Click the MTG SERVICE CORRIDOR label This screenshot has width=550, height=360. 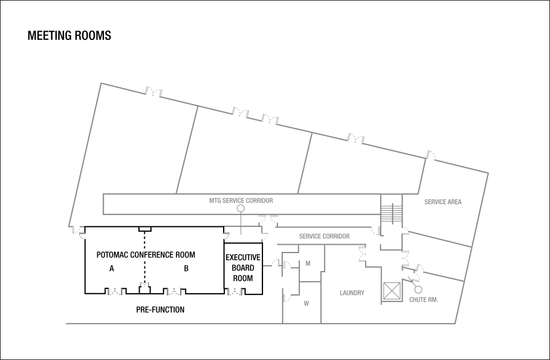240,201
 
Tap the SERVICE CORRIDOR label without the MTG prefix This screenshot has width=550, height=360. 324,236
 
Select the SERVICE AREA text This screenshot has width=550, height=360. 443,202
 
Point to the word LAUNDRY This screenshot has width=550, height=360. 351,293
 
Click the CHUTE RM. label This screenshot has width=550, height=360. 423,299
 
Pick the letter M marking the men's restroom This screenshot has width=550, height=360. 308,263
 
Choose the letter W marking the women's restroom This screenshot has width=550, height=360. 306,303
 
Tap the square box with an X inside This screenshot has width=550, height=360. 392,291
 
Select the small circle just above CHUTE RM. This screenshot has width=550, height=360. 418,290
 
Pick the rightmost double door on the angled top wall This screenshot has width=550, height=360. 356,139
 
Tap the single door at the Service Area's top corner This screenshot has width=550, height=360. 431,156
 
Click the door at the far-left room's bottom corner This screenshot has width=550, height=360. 76,229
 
